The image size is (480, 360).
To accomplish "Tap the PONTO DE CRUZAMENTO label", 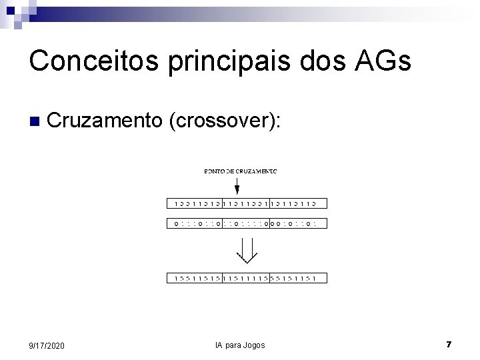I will coord(240,171).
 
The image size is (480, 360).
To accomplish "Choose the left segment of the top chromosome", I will coord(194,204).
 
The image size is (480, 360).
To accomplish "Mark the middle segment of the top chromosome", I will coord(245,204).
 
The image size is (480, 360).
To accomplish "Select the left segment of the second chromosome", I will coord(194,224).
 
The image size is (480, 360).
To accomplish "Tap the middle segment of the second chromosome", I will coord(245,224).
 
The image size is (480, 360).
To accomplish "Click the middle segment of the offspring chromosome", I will coord(245,278).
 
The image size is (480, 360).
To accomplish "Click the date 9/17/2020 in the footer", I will coord(47,345).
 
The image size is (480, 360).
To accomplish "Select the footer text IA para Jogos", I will coord(240,345).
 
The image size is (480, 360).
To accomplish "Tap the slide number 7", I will coord(449,345).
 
